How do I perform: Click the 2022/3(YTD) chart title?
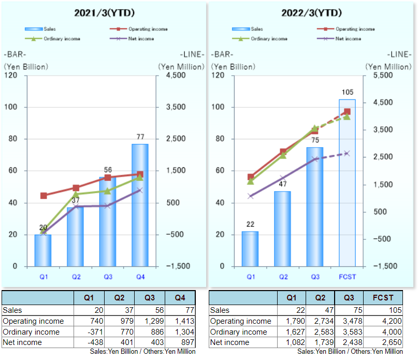tap(312, 12)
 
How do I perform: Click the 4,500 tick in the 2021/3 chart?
tap(176, 76)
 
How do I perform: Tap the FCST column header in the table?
tap(383, 298)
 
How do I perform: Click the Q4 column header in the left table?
tap(180, 298)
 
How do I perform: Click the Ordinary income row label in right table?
tap(239, 332)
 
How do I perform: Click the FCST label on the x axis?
tap(348, 277)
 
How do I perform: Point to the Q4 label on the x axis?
tap(140, 277)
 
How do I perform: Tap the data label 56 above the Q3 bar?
tap(108, 169)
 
